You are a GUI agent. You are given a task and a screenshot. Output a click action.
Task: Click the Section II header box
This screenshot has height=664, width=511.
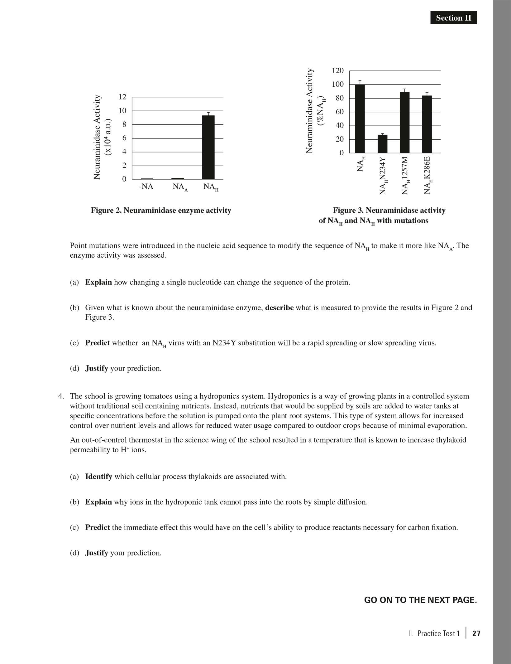(x=453, y=18)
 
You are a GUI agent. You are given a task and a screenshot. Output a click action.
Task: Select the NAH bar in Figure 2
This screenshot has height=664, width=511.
(x=208, y=147)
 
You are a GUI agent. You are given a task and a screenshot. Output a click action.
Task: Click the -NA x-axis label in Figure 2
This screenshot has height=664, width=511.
(x=146, y=187)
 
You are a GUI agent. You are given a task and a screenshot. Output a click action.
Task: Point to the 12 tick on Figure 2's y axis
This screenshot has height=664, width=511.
(x=123, y=97)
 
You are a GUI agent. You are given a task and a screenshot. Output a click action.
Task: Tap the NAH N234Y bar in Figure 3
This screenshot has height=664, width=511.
(x=382, y=144)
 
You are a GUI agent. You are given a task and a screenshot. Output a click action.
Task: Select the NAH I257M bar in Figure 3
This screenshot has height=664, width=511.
(x=404, y=122)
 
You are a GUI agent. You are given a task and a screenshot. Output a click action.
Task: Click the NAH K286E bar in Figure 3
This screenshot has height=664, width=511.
(x=427, y=124)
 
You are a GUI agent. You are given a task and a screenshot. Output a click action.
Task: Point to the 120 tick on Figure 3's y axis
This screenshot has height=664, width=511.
(x=338, y=71)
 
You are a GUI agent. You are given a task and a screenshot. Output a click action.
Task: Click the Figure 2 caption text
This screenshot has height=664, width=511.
(x=161, y=211)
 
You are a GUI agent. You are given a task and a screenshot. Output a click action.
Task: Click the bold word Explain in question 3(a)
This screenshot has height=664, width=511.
(x=98, y=282)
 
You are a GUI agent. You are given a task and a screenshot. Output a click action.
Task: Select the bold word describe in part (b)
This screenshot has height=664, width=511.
(x=279, y=308)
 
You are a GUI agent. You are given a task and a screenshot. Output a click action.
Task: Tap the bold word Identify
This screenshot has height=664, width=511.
(x=98, y=477)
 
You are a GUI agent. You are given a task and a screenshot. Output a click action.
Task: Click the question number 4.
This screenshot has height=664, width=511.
(x=61, y=396)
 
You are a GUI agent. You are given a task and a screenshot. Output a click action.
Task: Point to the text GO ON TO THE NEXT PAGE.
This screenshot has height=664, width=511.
(x=420, y=600)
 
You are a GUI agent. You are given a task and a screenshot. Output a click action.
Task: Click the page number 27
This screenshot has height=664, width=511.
(x=476, y=633)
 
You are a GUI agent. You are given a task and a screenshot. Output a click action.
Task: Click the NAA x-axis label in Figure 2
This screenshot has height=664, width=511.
(x=180, y=187)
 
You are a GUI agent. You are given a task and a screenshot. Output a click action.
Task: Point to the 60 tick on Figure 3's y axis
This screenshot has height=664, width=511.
(x=340, y=112)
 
